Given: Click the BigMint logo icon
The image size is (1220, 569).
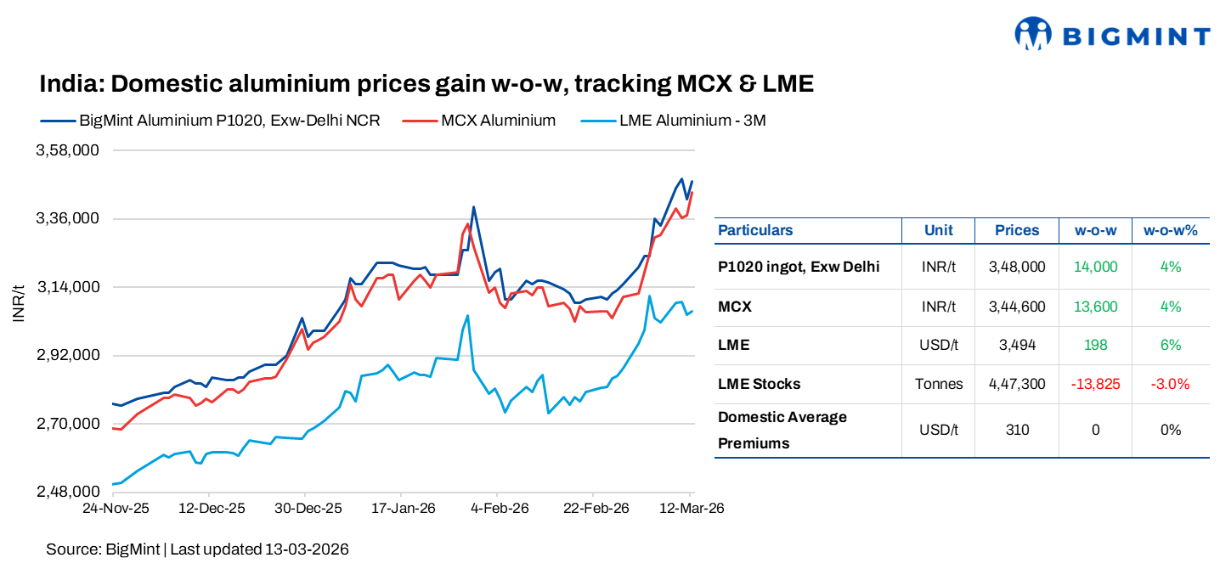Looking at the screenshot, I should pyautogui.click(x=1034, y=34).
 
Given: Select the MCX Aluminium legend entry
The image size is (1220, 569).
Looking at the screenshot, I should pyautogui.click(x=498, y=121).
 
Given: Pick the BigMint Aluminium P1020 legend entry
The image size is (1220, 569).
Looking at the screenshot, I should pyautogui.click(x=229, y=121).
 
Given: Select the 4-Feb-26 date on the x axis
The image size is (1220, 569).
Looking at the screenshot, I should pyautogui.click(x=500, y=509).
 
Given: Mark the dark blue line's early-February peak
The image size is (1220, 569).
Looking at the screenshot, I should pyautogui.click(x=473, y=207).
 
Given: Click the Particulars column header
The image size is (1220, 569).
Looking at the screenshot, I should pyautogui.click(x=755, y=230).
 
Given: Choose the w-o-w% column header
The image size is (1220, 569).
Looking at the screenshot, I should pyautogui.click(x=1170, y=230).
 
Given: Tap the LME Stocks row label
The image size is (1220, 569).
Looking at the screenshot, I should pyautogui.click(x=759, y=384).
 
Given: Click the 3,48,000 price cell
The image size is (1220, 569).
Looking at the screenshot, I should pyautogui.click(x=1017, y=267).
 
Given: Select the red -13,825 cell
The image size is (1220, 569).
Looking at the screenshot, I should pyautogui.click(x=1095, y=384).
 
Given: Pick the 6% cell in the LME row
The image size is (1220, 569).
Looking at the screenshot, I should pyautogui.click(x=1170, y=345).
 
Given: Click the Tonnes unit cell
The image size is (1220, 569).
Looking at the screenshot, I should pyautogui.click(x=939, y=384).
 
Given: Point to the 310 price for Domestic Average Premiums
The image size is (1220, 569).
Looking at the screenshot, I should pyautogui.click(x=1017, y=430).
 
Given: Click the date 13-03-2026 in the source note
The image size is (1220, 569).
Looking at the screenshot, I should pyautogui.click(x=306, y=549).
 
